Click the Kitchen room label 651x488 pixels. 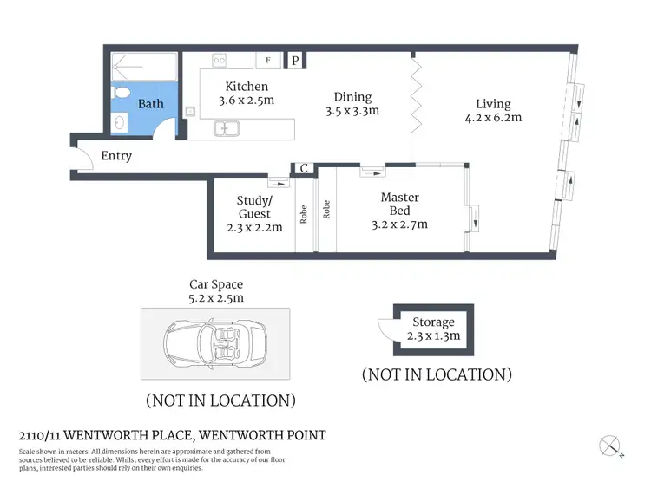[x=247, y=87]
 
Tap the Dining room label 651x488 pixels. [x=352, y=97]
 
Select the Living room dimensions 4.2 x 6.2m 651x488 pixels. [x=494, y=118]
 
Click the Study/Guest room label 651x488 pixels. [x=254, y=207]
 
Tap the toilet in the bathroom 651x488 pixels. [x=121, y=93]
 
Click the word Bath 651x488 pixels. [x=151, y=104]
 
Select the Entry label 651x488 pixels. [x=116, y=156]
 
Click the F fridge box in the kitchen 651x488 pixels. [x=268, y=61]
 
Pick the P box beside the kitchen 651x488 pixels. [x=295, y=61]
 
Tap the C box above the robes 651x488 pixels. [x=305, y=169]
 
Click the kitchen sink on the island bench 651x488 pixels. [x=229, y=130]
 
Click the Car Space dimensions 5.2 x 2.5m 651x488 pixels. [x=216, y=298]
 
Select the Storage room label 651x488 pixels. [x=434, y=322]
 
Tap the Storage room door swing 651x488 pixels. [x=385, y=329]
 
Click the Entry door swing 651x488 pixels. [x=85, y=159]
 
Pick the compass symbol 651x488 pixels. [x=610, y=446]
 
